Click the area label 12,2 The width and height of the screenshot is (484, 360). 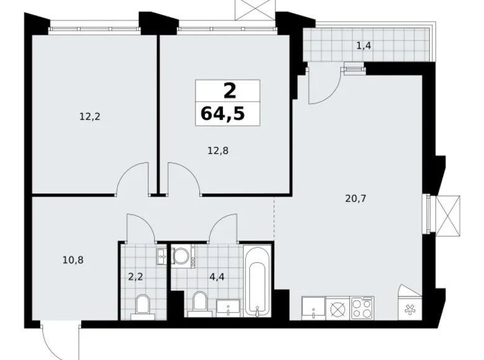[x=90, y=117]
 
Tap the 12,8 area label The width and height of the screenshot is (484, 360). [x=218, y=151]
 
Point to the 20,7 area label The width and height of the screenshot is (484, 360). [x=356, y=199]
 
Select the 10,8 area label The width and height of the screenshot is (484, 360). [x=73, y=260]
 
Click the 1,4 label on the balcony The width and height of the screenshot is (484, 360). [x=364, y=46]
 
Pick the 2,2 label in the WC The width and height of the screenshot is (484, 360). [x=135, y=277]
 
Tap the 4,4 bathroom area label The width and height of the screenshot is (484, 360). [x=217, y=277]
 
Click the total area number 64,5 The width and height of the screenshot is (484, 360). [x=223, y=114]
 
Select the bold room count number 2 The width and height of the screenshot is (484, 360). [x=230, y=91]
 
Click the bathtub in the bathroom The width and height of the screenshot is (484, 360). [x=257, y=281]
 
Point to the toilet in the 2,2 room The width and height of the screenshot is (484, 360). [x=142, y=307]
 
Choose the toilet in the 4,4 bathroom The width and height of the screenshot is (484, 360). [x=199, y=304]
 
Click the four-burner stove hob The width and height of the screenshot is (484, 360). [x=362, y=308]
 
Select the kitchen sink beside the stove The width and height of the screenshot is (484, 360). [x=313, y=308]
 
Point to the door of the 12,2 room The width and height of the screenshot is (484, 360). [x=133, y=179]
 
